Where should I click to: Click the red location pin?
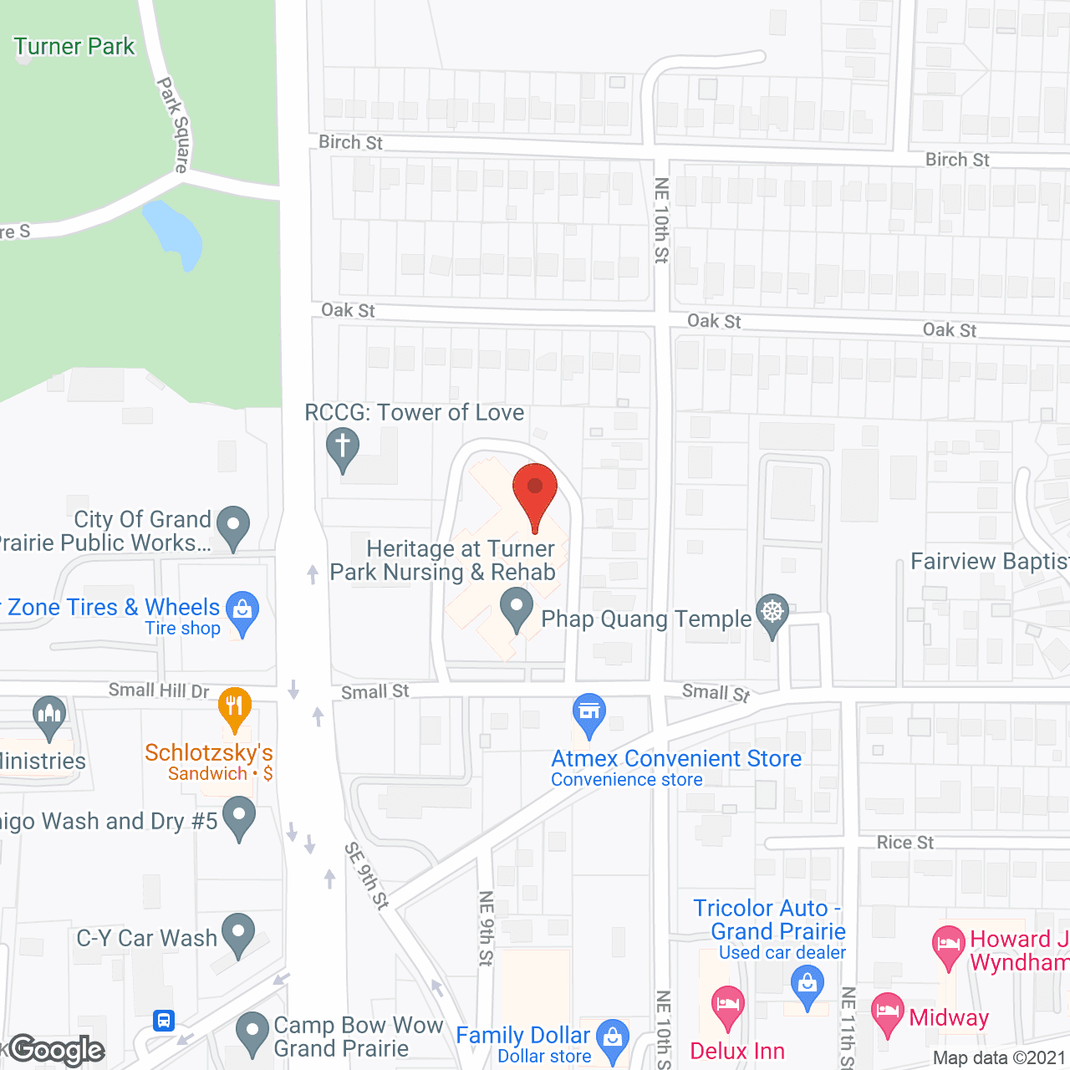click(535, 493)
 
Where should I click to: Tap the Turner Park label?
click(74, 46)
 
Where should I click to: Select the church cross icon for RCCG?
click(343, 449)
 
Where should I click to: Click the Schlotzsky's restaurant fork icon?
click(235, 708)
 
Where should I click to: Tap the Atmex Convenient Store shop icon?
click(589, 715)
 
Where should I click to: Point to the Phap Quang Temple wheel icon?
click(772, 614)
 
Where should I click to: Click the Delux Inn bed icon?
click(727, 1006)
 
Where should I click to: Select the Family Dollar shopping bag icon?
click(614, 1039)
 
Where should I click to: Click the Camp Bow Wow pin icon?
click(252, 1033)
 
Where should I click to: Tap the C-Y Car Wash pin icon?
click(238, 935)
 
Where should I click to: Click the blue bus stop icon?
click(164, 1020)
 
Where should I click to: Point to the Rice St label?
click(904, 843)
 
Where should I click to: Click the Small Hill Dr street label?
click(159, 690)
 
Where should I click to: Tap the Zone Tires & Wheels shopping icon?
click(242, 611)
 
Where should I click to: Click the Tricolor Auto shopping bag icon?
click(808, 985)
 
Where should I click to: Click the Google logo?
click(57, 1050)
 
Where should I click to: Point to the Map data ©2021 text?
click(999, 1057)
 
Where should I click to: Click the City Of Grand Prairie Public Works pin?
click(233, 527)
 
